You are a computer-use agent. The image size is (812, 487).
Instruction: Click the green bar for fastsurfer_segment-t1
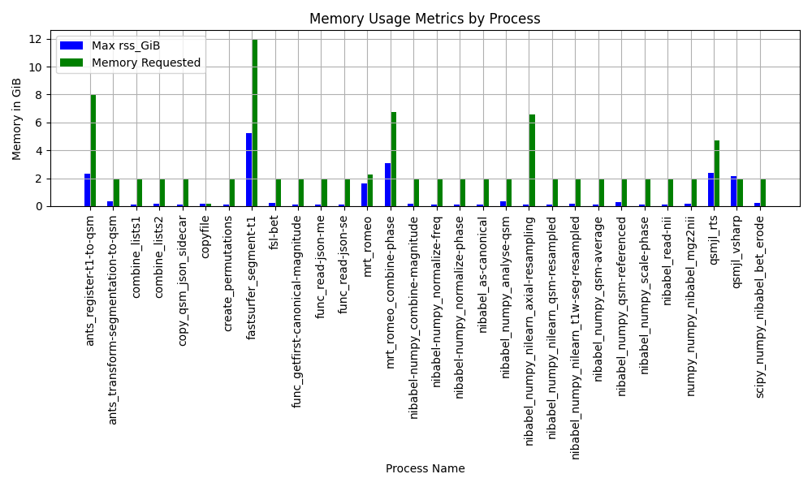coord(254,123)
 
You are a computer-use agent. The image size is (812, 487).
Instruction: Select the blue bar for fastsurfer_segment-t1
coord(249,170)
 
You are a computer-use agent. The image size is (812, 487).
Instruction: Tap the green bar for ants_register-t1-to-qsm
coord(93,151)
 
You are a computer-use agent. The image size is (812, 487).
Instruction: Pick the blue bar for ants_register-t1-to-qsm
coord(88,190)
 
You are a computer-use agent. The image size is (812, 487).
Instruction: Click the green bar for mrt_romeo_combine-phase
coord(394,159)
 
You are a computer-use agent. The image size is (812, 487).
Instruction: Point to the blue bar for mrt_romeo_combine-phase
coord(388,185)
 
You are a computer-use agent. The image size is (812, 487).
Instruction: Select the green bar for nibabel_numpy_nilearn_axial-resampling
coord(532,161)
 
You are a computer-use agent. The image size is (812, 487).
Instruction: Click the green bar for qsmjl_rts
coord(717,174)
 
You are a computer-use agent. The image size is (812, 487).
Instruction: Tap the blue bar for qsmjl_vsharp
coord(734,192)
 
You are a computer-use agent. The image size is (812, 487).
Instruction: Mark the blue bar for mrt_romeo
coord(365,195)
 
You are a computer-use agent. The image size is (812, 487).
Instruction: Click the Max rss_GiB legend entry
coord(110,45)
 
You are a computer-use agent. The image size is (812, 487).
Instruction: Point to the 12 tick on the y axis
coord(35,39)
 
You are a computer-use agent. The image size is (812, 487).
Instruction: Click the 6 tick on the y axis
coord(38,123)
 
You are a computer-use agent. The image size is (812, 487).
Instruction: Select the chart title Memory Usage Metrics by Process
coord(425,19)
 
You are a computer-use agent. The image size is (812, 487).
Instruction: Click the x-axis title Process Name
coord(425,468)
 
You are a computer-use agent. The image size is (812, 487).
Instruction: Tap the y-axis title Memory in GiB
coord(16,119)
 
